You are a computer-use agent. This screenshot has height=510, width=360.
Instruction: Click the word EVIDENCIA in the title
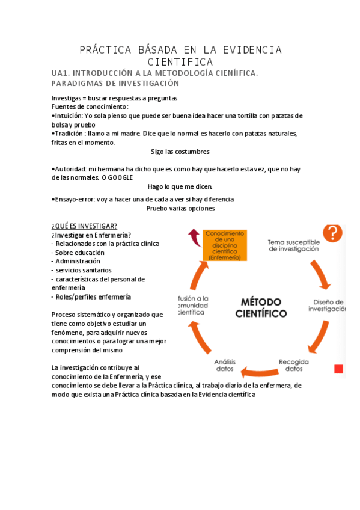tap(252, 49)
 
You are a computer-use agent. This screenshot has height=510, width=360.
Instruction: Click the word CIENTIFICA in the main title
tap(180, 62)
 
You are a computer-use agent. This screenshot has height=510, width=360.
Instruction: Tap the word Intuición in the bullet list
tap(69, 115)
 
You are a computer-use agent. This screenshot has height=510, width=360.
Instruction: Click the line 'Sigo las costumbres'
tap(180, 152)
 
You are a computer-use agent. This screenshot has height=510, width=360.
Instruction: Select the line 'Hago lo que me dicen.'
tap(180, 186)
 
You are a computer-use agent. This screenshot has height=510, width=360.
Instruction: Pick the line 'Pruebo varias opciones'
tap(180, 209)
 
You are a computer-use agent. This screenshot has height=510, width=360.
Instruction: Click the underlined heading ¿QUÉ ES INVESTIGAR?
tap(84, 226)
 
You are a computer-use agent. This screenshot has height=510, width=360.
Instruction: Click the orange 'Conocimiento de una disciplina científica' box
tap(224, 245)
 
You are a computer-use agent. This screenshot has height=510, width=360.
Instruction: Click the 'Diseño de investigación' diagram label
tap(328, 305)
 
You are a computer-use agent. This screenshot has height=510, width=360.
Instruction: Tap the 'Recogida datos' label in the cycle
tap(293, 365)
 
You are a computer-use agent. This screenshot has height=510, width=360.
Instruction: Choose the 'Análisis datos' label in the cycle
tap(225, 365)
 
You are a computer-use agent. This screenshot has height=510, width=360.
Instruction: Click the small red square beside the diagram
tap(338, 368)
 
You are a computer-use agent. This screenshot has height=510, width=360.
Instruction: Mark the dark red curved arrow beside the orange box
tap(195, 237)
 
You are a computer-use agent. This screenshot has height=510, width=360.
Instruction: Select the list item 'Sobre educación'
tap(79, 253)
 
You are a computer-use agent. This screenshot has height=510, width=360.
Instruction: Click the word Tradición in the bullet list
tap(70, 134)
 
